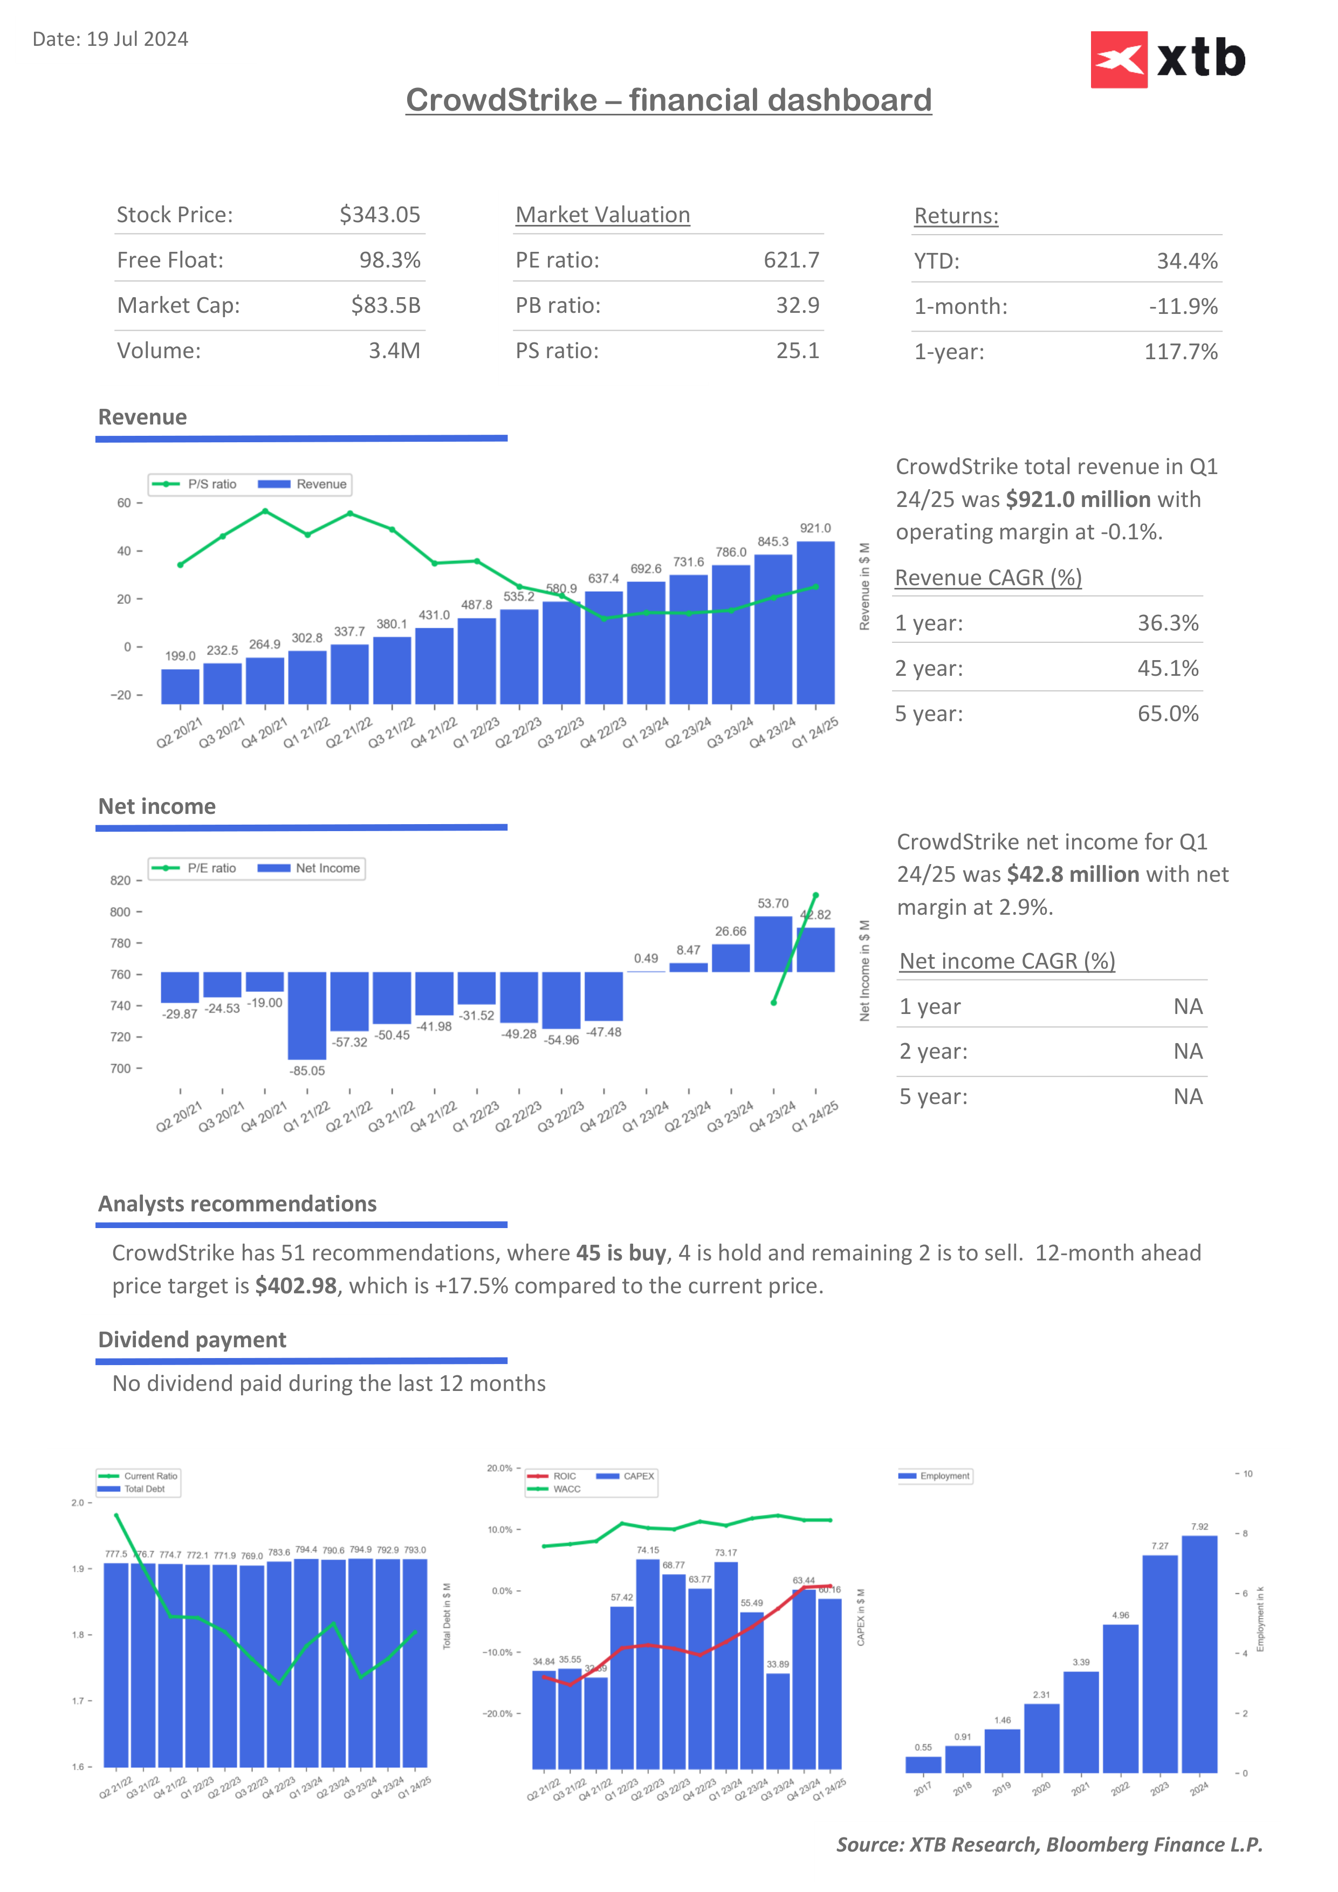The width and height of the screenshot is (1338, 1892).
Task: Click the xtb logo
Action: tap(1168, 59)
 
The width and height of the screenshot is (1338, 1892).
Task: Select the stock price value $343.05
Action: tap(380, 215)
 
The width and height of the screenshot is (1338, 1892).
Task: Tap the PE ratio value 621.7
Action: tap(791, 261)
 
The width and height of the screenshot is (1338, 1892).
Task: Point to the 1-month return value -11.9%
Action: tap(1183, 306)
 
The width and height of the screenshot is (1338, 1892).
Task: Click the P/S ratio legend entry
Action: tap(195, 484)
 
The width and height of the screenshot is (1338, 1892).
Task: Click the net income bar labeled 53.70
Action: tap(773, 944)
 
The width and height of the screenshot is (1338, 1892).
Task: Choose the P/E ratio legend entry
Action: tap(195, 868)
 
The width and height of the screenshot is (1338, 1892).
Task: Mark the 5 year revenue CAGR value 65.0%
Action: tap(1168, 714)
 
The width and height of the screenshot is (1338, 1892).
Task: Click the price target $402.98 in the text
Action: tap(296, 1286)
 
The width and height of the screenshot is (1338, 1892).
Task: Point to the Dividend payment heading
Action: tap(192, 1340)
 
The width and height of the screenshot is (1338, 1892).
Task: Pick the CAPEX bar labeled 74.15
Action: tap(648, 1664)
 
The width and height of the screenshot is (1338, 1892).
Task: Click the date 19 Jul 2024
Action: tap(137, 39)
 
